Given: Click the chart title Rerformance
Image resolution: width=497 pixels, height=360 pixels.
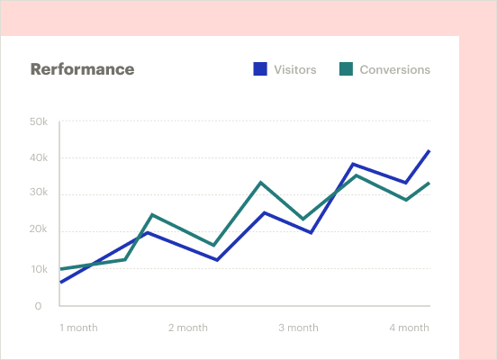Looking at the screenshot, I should click(x=82, y=69).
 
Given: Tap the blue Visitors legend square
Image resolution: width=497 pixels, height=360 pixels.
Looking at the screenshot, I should click(x=260, y=69).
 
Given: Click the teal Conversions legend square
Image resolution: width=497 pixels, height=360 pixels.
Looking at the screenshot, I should click(x=346, y=69).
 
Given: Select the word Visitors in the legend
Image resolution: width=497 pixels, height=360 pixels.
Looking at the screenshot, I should click(x=294, y=69).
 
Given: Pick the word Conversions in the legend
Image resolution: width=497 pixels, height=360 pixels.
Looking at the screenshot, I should click(x=394, y=69).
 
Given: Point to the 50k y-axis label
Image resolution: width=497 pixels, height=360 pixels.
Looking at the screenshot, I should click(x=38, y=121).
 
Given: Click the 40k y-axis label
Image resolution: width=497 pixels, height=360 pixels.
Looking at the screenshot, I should click(x=38, y=157).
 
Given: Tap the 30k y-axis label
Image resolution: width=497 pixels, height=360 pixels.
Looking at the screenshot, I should click(x=38, y=193).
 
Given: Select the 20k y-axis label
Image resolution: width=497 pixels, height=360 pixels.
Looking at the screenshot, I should click(x=38, y=230).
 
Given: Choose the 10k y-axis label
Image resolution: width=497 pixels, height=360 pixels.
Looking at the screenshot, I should click(x=38, y=269).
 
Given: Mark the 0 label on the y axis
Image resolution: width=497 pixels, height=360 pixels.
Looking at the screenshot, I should click(x=38, y=306).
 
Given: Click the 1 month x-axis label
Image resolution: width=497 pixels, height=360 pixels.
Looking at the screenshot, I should click(x=78, y=328).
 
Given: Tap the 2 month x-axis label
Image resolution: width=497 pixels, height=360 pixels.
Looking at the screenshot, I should click(x=188, y=328).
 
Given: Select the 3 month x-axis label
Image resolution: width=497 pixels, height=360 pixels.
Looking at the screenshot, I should click(x=298, y=328).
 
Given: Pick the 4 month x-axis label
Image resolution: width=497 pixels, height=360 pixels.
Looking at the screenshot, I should click(x=409, y=328).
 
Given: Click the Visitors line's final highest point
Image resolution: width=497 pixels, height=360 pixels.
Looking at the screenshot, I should click(x=429, y=150).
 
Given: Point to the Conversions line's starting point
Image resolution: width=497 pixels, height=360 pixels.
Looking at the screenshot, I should click(x=60, y=268).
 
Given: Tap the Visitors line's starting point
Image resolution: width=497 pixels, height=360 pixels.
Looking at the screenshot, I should click(x=60, y=283).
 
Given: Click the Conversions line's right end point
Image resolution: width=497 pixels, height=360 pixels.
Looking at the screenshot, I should click(x=429, y=183).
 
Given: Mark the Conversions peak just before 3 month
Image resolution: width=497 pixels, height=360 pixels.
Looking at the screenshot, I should click(x=261, y=183).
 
